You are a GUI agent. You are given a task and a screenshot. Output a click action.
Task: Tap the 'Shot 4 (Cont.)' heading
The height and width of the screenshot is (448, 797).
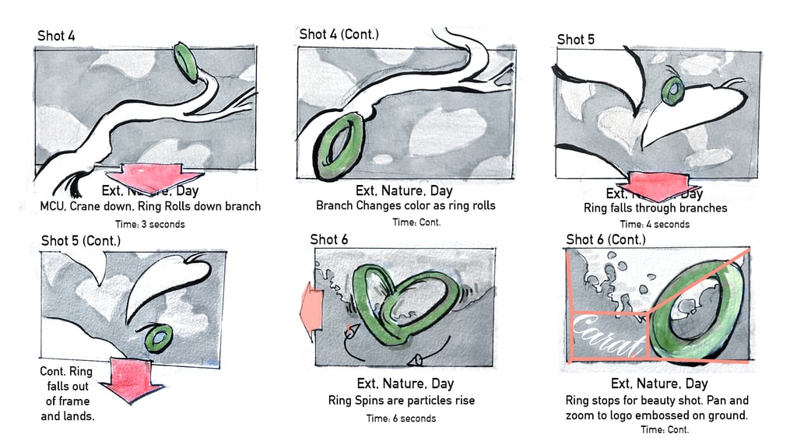coord(339,34)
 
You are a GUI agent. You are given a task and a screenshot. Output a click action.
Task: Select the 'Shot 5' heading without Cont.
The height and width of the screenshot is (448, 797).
coord(575,40)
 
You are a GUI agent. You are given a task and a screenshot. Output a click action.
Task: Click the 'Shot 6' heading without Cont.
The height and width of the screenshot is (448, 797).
coord(328,239)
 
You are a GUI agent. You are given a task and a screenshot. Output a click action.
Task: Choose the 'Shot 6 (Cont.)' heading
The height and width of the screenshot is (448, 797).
coord(606,239)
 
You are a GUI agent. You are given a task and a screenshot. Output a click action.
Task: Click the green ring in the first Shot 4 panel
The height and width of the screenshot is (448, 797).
coord(186,61)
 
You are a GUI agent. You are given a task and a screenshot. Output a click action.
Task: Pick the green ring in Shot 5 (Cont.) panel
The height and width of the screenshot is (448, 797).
coord(159,338)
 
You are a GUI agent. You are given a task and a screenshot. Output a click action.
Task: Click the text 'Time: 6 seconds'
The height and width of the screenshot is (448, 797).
coord(401,418)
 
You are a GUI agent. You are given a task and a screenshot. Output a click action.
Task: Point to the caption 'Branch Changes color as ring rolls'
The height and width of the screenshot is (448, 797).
coord(406,206)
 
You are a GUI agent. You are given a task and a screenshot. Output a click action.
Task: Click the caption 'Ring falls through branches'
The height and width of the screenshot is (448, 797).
coord(655,208)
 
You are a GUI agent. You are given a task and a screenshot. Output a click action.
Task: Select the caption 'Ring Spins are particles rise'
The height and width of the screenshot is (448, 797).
coord(402,401)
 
